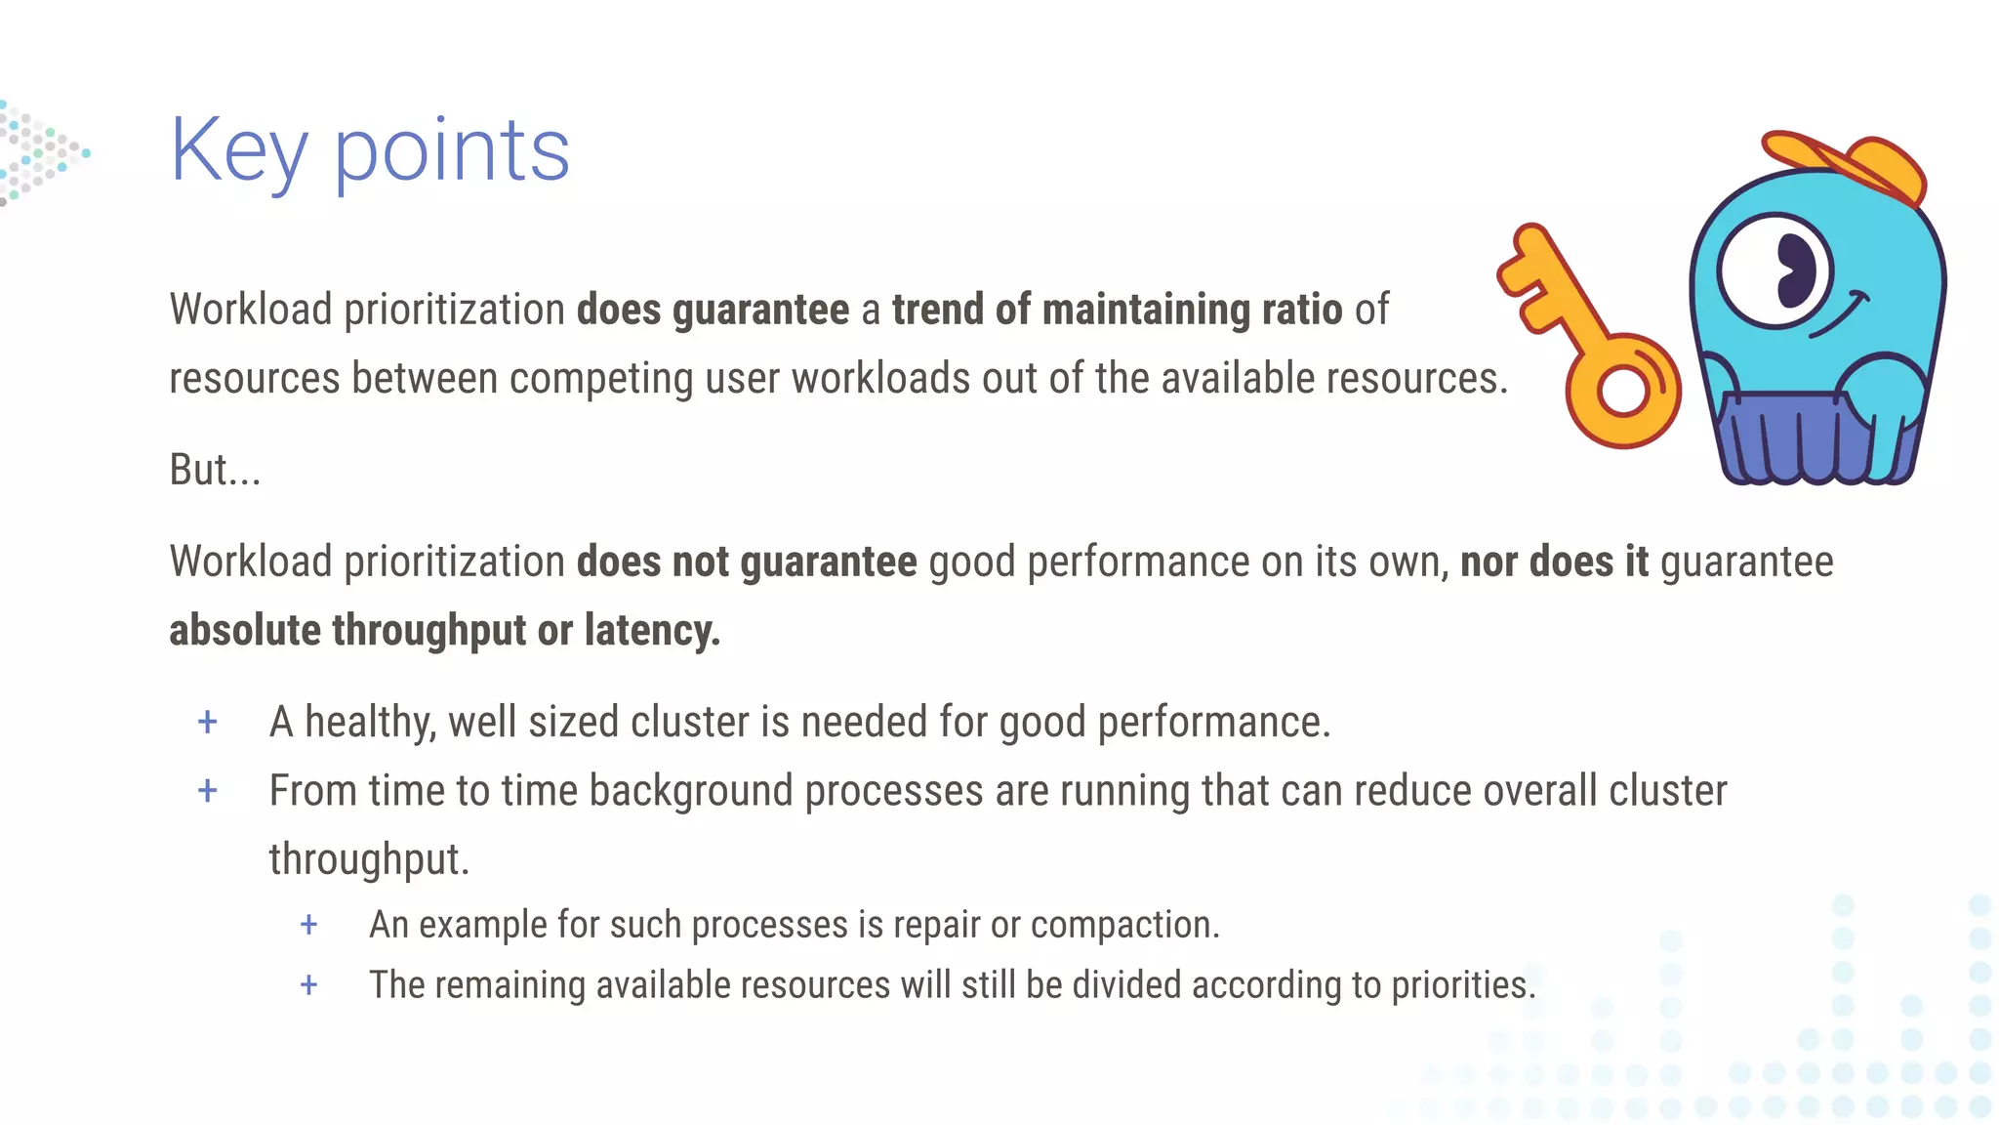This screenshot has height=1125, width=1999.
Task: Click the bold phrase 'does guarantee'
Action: point(713,311)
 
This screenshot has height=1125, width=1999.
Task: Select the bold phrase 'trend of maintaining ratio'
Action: point(1117,311)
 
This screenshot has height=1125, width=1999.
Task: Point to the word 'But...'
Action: point(215,470)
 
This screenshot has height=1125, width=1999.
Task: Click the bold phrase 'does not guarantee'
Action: point(747,562)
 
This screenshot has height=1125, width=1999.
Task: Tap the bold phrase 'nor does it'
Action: point(1554,562)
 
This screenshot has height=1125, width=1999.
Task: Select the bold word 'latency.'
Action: point(652,631)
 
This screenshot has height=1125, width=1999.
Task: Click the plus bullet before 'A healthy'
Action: point(208,723)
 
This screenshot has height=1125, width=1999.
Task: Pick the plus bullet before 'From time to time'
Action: point(208,791)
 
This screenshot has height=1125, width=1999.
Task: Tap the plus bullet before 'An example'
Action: point(308,925)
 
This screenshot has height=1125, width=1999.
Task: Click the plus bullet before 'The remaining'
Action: point(308,985)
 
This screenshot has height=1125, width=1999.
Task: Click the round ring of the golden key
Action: point(1623,391)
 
